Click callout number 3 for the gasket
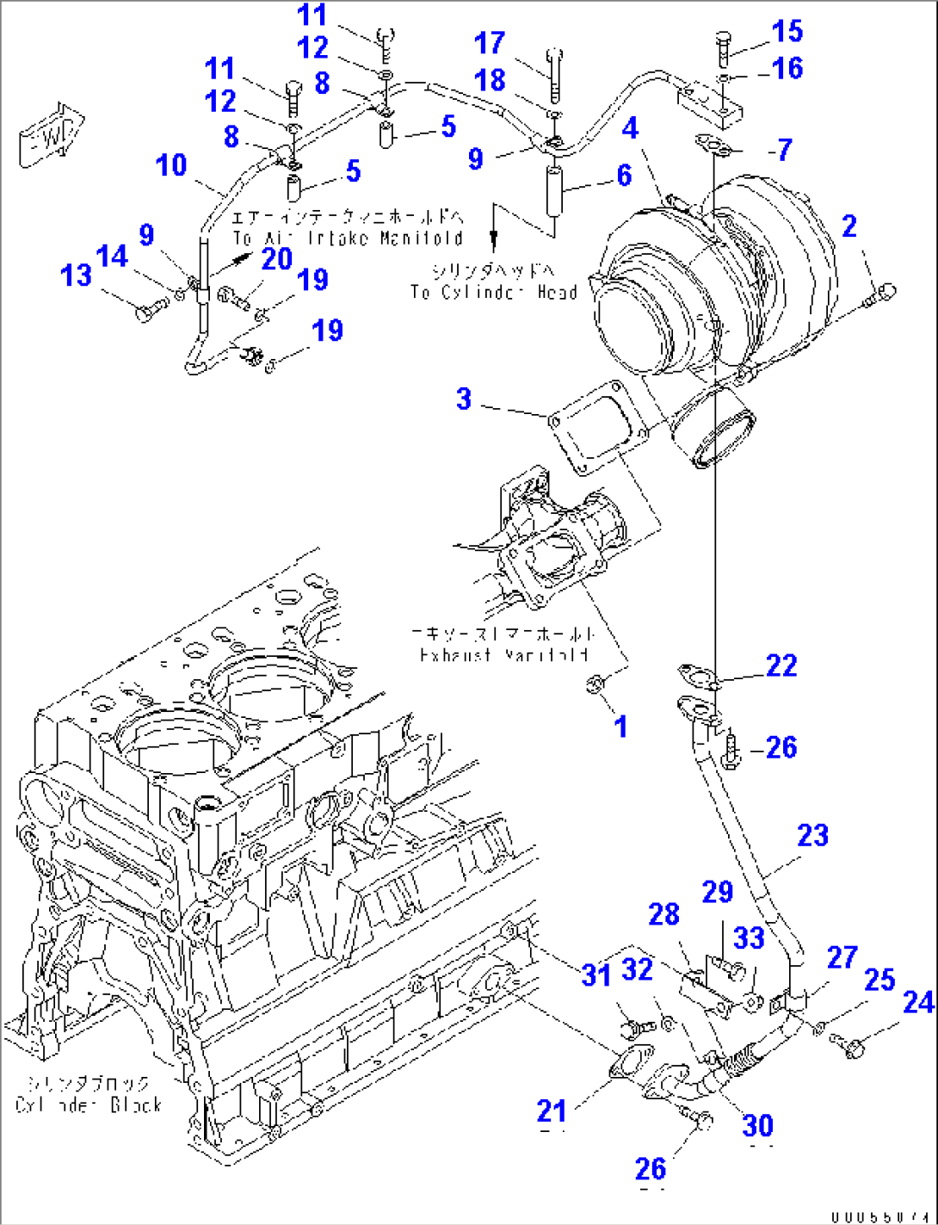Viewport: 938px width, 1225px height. pyautogui.click(x=464, y=399)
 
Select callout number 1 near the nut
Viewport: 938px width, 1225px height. pyautogui.click(x=620, y=727)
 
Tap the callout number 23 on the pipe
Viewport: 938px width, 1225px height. pyautogui.click(x=812, y=835)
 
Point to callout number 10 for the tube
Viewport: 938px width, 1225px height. pyautogui.click(x=172, y=164)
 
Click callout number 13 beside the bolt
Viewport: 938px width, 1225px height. pyautogui.click(x=76, y=275)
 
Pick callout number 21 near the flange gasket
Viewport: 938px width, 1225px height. pyautogui.click(x=552, y=1111)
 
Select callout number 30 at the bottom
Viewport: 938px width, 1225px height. pyautogui.click(x=758, y=1125)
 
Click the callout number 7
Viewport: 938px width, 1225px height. pyautogui.click(x=783, y=150)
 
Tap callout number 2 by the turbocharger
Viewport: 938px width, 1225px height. pyautogui.click(x=849, y=226)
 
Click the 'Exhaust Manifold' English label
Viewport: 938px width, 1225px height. pyautogui.click(x=503, y=655)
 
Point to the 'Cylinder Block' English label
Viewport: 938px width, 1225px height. pyautogui.click(x=89, y=1104)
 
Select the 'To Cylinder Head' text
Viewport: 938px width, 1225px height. pyautogui.click(x=493, y=293)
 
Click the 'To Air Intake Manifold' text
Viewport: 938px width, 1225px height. pyautogui.click(x=348, y=238)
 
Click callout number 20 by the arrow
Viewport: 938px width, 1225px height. pyautogui.click(x=277, y=258)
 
